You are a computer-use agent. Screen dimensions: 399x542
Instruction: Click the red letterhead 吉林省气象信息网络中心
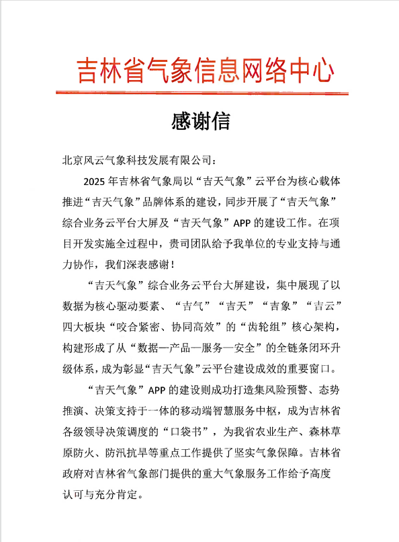click(x=204, y=69)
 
